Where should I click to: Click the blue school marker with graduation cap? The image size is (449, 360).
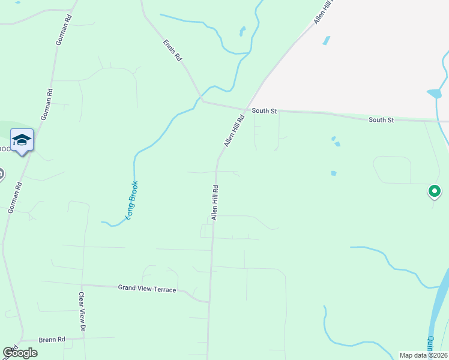[x=22, y=140]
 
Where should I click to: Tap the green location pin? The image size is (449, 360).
[x=434, y=191]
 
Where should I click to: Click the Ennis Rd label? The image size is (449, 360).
[x=172, y=52]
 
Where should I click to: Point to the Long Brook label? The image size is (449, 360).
[x=131, y=199]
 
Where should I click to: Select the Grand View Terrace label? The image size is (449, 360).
[x=147, y=289]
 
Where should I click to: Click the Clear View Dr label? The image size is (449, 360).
[x=82, y=311]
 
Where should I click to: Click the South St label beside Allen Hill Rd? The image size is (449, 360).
[x=264, y=111]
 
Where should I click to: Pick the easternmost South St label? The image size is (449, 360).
[x=381, y=120]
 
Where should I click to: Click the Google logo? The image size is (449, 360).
[x=20, y=353]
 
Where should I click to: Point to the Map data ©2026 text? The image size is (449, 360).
[x=423, y=355]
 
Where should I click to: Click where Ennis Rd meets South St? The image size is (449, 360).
[x=202, y=100]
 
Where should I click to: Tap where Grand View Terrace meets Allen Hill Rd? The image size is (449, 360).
[x=209, y=301]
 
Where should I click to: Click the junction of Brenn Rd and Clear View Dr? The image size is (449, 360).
[x=83, y=338]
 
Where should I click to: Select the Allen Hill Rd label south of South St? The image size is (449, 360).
[x=214, y=202]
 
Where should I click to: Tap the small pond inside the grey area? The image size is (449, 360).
[x=326, y=41]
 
